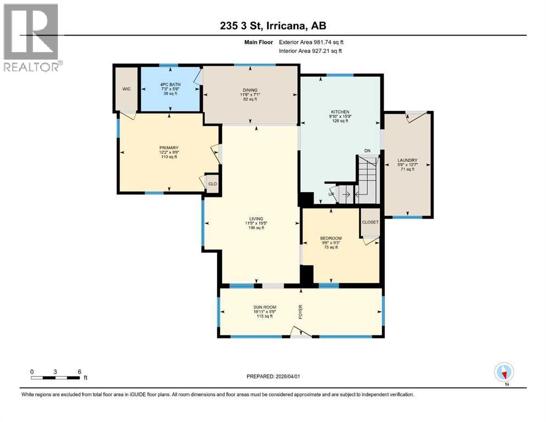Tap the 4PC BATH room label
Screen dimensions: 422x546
pyautogui.click(x=169, y=84)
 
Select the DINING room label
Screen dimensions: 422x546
pyautogui.click(x=250, y=90)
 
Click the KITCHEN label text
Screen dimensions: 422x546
pyautogui.click(x=340, y=112)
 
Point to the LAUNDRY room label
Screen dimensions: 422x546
pyautogui.click(x=407, y=161)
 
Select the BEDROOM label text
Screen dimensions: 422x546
pyautogui.click(x=331, y=238)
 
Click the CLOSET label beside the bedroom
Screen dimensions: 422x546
pyautogui.click(x=370, y=222)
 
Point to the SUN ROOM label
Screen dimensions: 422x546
pyautogui.click(x=264, y=307)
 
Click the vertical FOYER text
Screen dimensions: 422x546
pyautogui.click(x=300, y=312)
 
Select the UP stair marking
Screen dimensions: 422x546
pyautogui.click(x=332, y=194)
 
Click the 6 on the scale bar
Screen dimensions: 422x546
pyautogui.click(x=80, y=371)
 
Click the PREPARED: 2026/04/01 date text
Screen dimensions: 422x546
pyautogui.click(x=273, y=376)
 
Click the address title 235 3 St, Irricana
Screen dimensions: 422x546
pyautogui.click(x=273, y=26)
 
